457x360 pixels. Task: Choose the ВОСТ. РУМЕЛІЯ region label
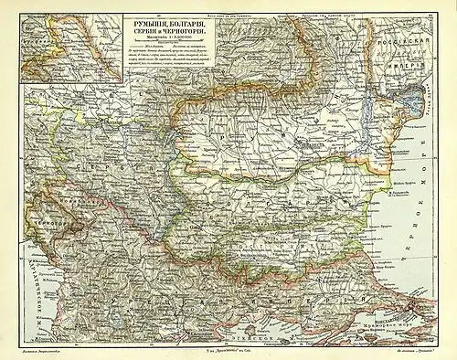[x=272, y=246]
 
